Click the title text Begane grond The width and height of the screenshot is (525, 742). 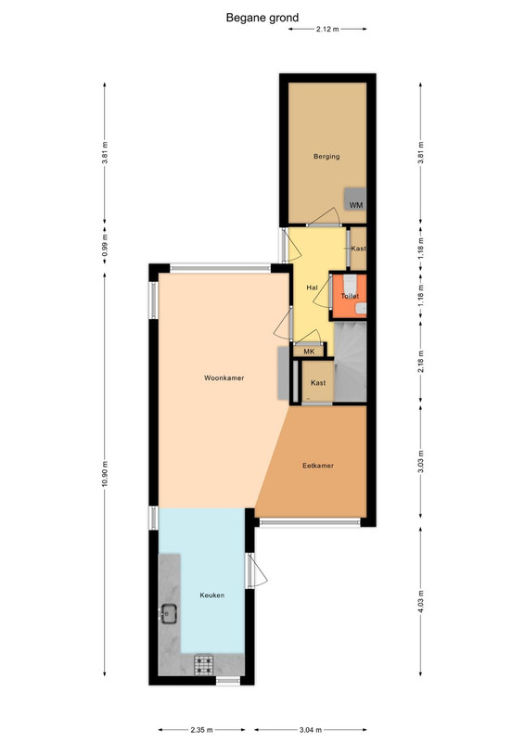[x=262, y=18]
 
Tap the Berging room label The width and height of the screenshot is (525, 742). [x=327, y=156]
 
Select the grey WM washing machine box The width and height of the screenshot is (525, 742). [x=355, y=199]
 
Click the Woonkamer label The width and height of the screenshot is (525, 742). [x=224, y=377]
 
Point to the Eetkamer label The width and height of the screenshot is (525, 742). [x=318, y=466]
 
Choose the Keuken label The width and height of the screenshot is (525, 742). [x=212, y=595]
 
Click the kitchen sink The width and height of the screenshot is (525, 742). [x=168, y=614]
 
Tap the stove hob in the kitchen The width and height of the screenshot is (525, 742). [x=204, y=664]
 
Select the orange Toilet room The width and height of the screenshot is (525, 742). [x=349, y=296]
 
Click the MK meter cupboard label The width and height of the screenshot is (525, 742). [x=309, y=352]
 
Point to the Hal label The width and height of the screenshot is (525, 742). [x=312, y=288]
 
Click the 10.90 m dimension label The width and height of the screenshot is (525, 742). [x=105, y=473]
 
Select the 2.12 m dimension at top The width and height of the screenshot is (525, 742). [x=327, y=29]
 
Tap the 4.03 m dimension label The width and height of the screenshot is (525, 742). [x=421, y=601]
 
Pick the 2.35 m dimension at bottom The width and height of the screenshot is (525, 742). [x=201, y=730]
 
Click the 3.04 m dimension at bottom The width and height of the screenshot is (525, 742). [x=311, y=730]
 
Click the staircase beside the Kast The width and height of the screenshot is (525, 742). [x=351, y=362]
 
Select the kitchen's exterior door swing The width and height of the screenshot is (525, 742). [x=257, y=570]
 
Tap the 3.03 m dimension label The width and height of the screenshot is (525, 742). [x=421, y=462]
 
